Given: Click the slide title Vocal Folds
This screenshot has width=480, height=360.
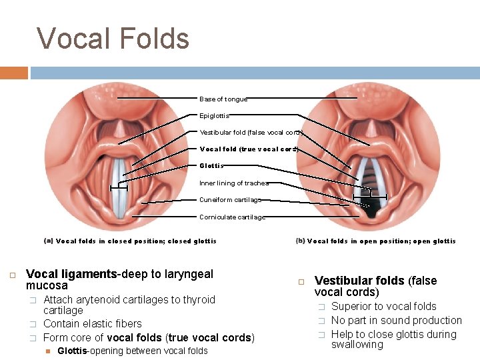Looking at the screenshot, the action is point(113,39).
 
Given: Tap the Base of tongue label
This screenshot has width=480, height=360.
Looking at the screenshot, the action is point(223,99).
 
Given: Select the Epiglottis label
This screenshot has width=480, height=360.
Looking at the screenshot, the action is point(214,116).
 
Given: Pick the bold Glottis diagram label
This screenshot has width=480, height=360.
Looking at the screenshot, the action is point(211,166).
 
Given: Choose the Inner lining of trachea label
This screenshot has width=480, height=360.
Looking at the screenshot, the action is point(234,183).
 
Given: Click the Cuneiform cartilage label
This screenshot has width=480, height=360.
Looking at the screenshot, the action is point(230,200).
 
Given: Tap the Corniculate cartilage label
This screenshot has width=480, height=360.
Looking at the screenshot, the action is point(232,217).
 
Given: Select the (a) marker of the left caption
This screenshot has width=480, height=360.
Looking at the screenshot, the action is point(48,241).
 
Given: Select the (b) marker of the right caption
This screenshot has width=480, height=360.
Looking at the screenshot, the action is point(300,241).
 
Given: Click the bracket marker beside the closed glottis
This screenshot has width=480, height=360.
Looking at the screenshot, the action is point(119,187).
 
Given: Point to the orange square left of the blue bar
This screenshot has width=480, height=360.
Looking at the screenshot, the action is point(14,73).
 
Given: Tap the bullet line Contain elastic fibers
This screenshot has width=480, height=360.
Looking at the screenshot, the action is point(92,324).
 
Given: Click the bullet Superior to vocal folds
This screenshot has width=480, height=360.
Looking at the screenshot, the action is point(383,307).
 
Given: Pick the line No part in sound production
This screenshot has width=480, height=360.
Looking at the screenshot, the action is point(396,321).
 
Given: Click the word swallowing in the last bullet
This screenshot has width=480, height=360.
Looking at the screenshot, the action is point(357,345).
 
